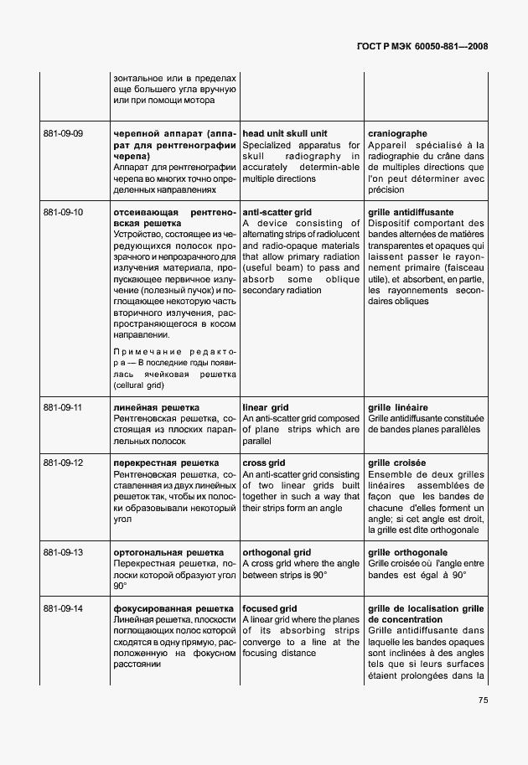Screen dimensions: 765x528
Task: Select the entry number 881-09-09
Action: (x=62, y=134)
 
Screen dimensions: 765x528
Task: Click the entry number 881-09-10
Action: (x=62, y=213)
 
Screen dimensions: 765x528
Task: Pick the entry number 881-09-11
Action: (x=62, y=407)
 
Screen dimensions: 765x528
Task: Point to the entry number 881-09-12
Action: (x=62, y=463)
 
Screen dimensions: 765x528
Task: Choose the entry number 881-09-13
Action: (x=62, y=553)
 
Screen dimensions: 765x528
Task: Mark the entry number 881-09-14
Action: (x=62, y=608)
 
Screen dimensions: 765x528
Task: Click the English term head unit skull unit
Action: (x=284, y=134)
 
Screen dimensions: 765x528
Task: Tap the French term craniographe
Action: (x=397, y=134)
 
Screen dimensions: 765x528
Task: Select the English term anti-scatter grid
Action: (x=277, y=213)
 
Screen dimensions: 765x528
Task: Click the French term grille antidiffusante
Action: (x=411, y=213)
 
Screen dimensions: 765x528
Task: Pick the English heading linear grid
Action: (x=267, y=407)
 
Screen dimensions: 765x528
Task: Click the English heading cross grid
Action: (x=264, y=463)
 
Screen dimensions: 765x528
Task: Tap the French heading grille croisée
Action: (x=396, y=463)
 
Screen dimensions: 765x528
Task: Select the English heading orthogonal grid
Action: (x=277, y=553)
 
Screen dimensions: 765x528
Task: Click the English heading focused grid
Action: (x=270, y=608)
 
